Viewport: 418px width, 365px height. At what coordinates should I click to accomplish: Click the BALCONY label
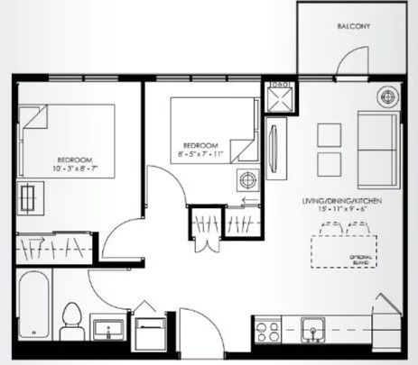pos(355,27)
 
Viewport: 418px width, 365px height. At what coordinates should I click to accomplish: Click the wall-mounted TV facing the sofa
pos(274,143)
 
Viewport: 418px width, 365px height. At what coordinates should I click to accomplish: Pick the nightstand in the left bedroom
pos(32,196)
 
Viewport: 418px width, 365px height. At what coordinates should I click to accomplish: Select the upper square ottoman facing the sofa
pos(330,132)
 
